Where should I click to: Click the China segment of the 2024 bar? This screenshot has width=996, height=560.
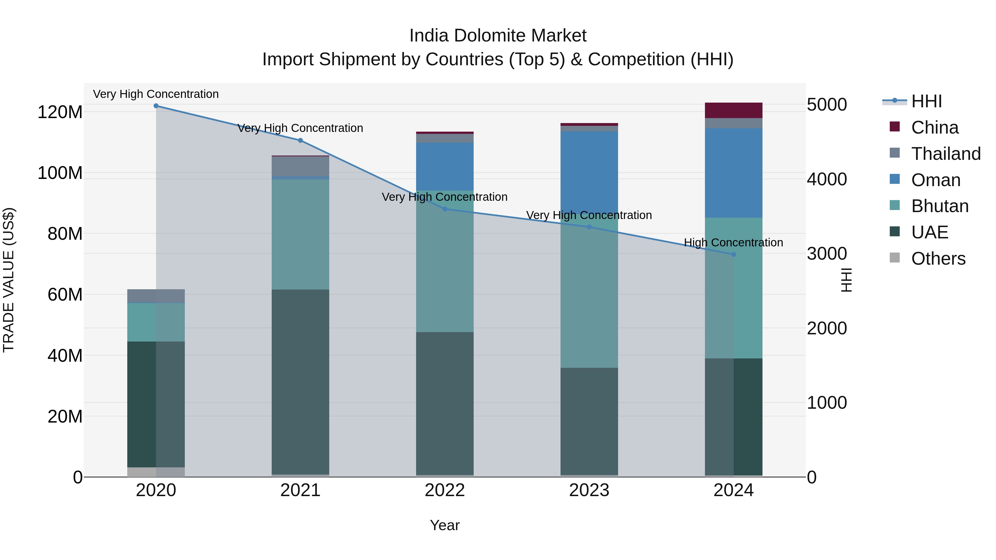pos(733,110)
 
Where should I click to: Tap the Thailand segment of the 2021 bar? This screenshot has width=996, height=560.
pos(300,166)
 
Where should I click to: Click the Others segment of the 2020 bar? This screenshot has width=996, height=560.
pos(156,472)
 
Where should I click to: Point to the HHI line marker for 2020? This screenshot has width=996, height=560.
pos(156,106)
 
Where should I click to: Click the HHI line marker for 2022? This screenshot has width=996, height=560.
pos(445,209)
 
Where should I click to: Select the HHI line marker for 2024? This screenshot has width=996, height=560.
pos(733,254)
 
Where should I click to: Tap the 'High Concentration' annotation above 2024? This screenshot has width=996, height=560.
pos(733,243)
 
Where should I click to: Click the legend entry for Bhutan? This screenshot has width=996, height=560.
pos(940,206)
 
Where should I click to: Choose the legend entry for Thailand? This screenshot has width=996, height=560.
pos(945,154)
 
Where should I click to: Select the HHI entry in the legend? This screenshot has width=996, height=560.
pos(926,101)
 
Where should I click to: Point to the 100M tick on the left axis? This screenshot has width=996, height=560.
pos(60,173)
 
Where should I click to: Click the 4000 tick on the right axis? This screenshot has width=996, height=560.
pos(827,179)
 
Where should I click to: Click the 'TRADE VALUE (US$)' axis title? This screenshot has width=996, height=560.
pos(9,280)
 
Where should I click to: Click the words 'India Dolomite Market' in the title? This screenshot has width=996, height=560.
pos(498,36)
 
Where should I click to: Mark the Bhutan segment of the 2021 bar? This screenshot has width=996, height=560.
pos(300,234)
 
